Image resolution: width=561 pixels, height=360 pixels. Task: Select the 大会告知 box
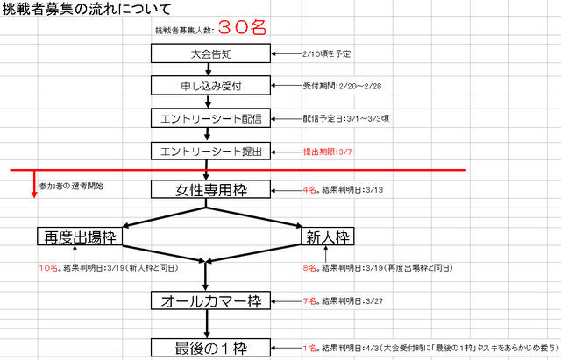(x=207, y=54)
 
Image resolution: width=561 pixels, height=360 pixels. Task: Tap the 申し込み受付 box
(x=207, y=86)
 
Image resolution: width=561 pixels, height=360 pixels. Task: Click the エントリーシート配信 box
(x=207, y=118)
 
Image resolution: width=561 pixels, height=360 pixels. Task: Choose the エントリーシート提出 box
(x=207, y=151)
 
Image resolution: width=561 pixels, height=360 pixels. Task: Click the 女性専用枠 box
(x=207, y=189)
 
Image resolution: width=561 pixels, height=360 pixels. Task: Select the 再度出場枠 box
(x=77, y=236)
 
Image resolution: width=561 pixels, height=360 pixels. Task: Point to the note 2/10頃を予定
(x=325, y=54)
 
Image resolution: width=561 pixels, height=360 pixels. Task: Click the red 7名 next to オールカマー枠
(x=309, y=301)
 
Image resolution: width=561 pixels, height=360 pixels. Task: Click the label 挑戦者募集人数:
(x=181, y=30)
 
